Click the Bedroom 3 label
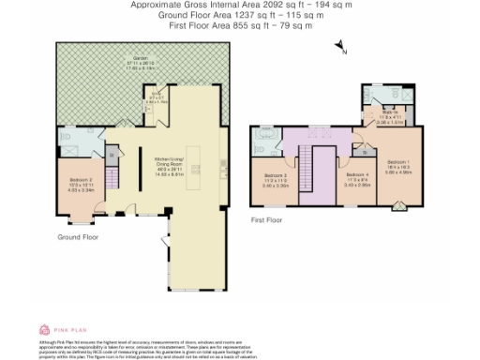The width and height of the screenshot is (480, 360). point(275,178)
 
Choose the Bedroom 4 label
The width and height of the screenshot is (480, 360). point(357,177)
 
